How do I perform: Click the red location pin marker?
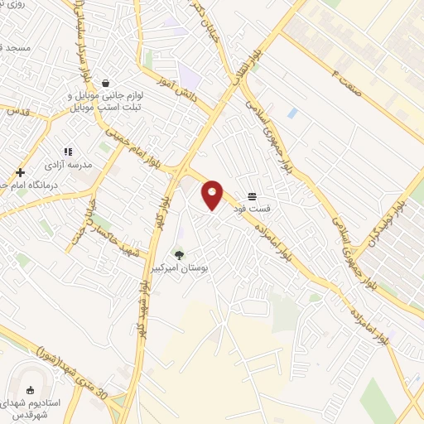213,194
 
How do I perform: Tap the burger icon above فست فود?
251,195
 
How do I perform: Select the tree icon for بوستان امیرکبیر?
179,255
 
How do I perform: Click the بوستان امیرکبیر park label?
179,270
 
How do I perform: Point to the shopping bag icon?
106,83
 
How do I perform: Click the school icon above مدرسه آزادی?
68,152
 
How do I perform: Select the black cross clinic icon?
20,172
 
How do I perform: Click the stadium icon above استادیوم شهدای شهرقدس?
31,390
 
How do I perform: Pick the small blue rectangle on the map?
292,113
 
